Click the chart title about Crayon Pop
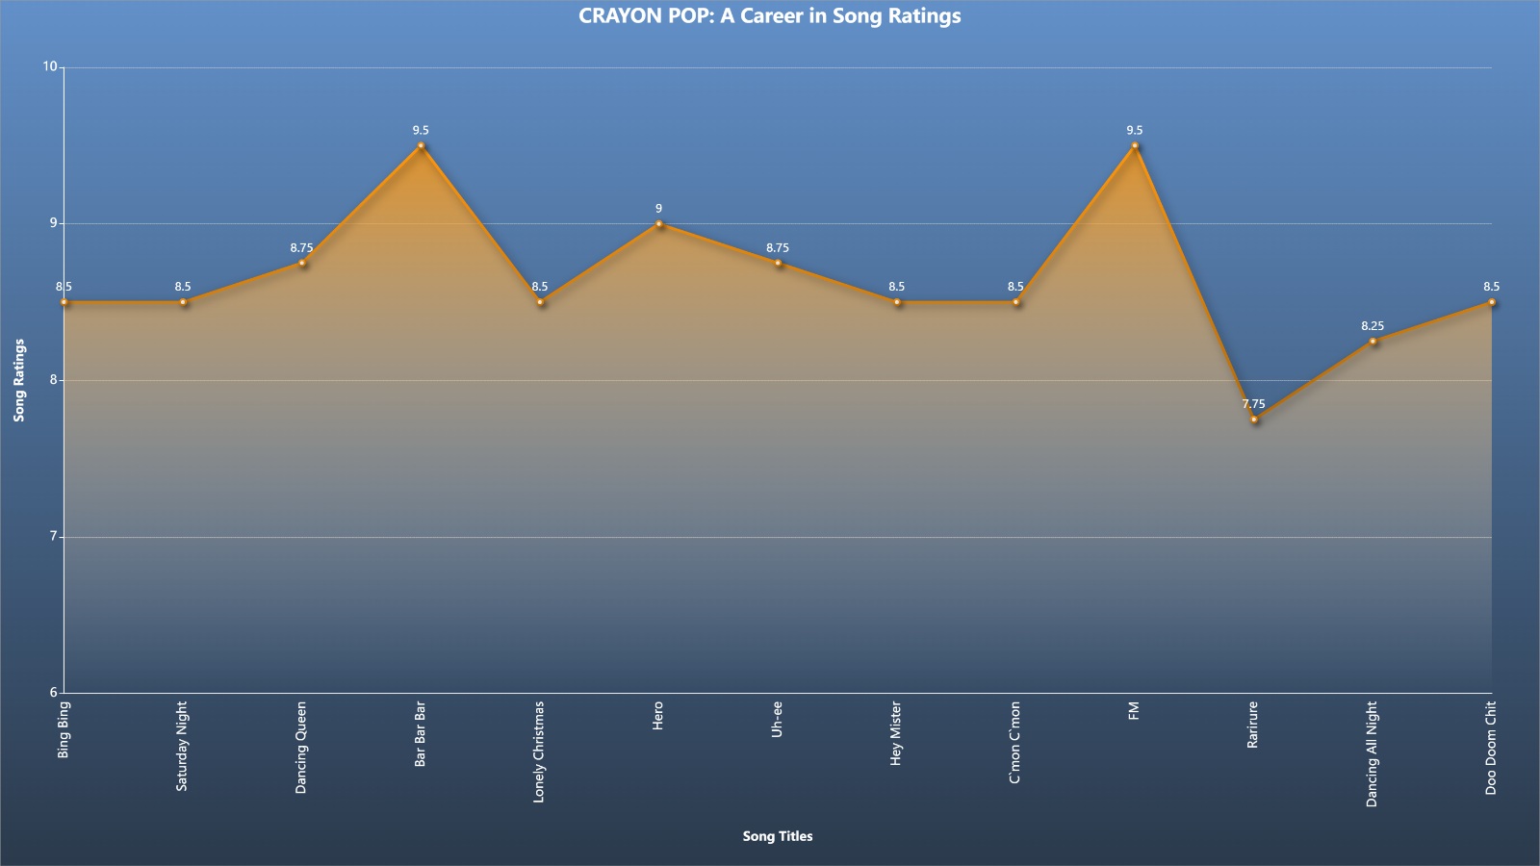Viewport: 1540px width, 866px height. pyautogui.click(x=769, y=15)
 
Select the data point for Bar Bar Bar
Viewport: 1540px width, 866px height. pyautogui.click(x=421, y=145)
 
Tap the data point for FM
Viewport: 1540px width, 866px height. pyautogui.click(x=1135, y=145)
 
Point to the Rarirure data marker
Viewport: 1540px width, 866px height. pyautogui.click(x=1254, y=420)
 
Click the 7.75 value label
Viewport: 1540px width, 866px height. pyautogui.click(x=1253, y=404)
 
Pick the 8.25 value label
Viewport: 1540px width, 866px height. pyautogui.click(x=1373, y=326)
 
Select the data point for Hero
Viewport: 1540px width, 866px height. pyautogui.click(x=658, y=224)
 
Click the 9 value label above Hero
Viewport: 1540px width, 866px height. pyautogui.click(x=658, y=208)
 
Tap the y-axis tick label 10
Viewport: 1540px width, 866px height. pyautogui.click(x=49, y=66)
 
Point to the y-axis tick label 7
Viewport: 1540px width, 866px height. pyautogui.click(x=53, y=536)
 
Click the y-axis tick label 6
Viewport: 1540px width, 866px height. pyautogui.click(x=53, y=692)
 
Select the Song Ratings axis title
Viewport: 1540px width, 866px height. pyautogui.click(x=19, y=380)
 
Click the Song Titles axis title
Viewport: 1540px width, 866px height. pyautogui.click(x=778, y=836)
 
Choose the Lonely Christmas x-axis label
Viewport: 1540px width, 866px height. pyautogui.click(x=539, y=751)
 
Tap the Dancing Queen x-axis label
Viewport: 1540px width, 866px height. pyautogui.click(x=301, y=748)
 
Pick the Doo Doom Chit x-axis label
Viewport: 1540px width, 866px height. pyautogui.click(x=1491, y=748)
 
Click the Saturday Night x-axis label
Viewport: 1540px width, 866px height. pyautogui.click(x=182, y=747)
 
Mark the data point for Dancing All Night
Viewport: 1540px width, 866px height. pyautogui.click(x=1373, y=341)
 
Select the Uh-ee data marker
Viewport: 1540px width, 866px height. pyautogui.click(x=778, y=264)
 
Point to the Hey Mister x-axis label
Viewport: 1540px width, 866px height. pyautogui.click(x=896, y=733)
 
